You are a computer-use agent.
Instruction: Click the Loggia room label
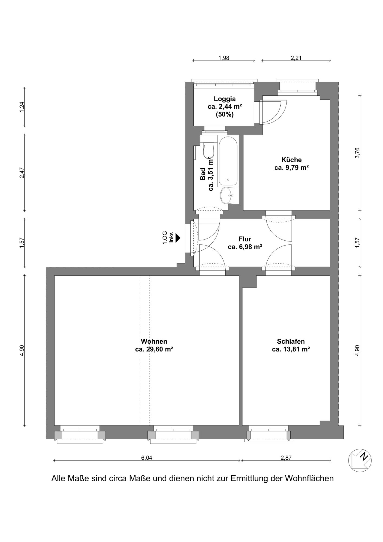[225, 107]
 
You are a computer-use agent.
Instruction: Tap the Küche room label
[291, 164]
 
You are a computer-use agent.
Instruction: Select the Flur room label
[245, 243]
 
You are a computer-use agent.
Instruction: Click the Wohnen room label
[154, 345]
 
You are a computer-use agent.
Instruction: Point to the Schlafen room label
[291, 345]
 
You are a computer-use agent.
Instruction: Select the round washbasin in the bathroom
[227, 195]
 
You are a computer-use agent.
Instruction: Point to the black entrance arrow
[178, 238]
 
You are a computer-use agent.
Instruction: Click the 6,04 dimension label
[147, 458]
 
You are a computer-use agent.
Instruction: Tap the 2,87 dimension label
[286, 458]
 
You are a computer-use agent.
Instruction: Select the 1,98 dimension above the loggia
[224, 58]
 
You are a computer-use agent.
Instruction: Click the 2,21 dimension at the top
[296, 58]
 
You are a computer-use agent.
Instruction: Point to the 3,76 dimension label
[357, 153]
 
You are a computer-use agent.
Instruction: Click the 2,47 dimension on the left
[22, 173]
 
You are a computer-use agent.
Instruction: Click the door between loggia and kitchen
[272, 112]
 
